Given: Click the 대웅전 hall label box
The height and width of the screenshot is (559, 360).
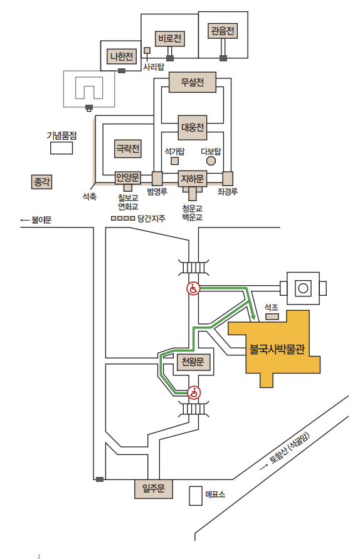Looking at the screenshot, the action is [193, 127].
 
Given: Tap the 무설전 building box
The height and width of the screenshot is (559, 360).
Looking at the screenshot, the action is [193, 82].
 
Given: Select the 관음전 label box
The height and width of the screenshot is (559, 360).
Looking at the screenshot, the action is [222, 31].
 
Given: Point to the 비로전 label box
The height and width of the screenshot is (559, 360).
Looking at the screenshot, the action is [170, 38].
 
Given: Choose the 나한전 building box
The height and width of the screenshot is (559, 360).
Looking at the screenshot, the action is [122, 56].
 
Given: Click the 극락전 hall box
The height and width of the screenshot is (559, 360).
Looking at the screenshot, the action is [128, 149].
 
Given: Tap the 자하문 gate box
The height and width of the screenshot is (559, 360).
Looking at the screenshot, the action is [193, 179].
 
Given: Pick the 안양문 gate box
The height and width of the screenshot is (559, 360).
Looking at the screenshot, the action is [128, 177].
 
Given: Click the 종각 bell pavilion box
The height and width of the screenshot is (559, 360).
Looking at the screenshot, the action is [42, 182].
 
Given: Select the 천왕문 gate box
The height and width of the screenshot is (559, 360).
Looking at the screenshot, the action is [193, 362].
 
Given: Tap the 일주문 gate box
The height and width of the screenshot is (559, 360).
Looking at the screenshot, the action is [154, 489].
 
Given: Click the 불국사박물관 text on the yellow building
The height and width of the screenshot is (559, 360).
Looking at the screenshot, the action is [277, 349].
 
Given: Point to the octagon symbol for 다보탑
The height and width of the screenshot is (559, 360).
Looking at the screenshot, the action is [211, 161].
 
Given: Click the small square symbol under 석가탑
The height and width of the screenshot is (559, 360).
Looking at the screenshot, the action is [174, 161].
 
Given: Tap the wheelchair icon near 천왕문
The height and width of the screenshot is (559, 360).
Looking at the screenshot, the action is [194, 393].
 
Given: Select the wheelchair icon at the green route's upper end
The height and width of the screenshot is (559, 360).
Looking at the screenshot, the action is [193, 288].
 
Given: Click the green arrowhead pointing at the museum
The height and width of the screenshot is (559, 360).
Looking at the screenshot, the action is [253, 316].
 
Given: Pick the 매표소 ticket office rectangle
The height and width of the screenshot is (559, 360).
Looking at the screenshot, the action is [196, 496].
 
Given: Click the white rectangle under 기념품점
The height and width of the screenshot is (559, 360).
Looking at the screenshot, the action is [61, 148].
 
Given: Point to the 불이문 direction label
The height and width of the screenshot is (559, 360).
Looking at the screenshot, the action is [36, 219].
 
